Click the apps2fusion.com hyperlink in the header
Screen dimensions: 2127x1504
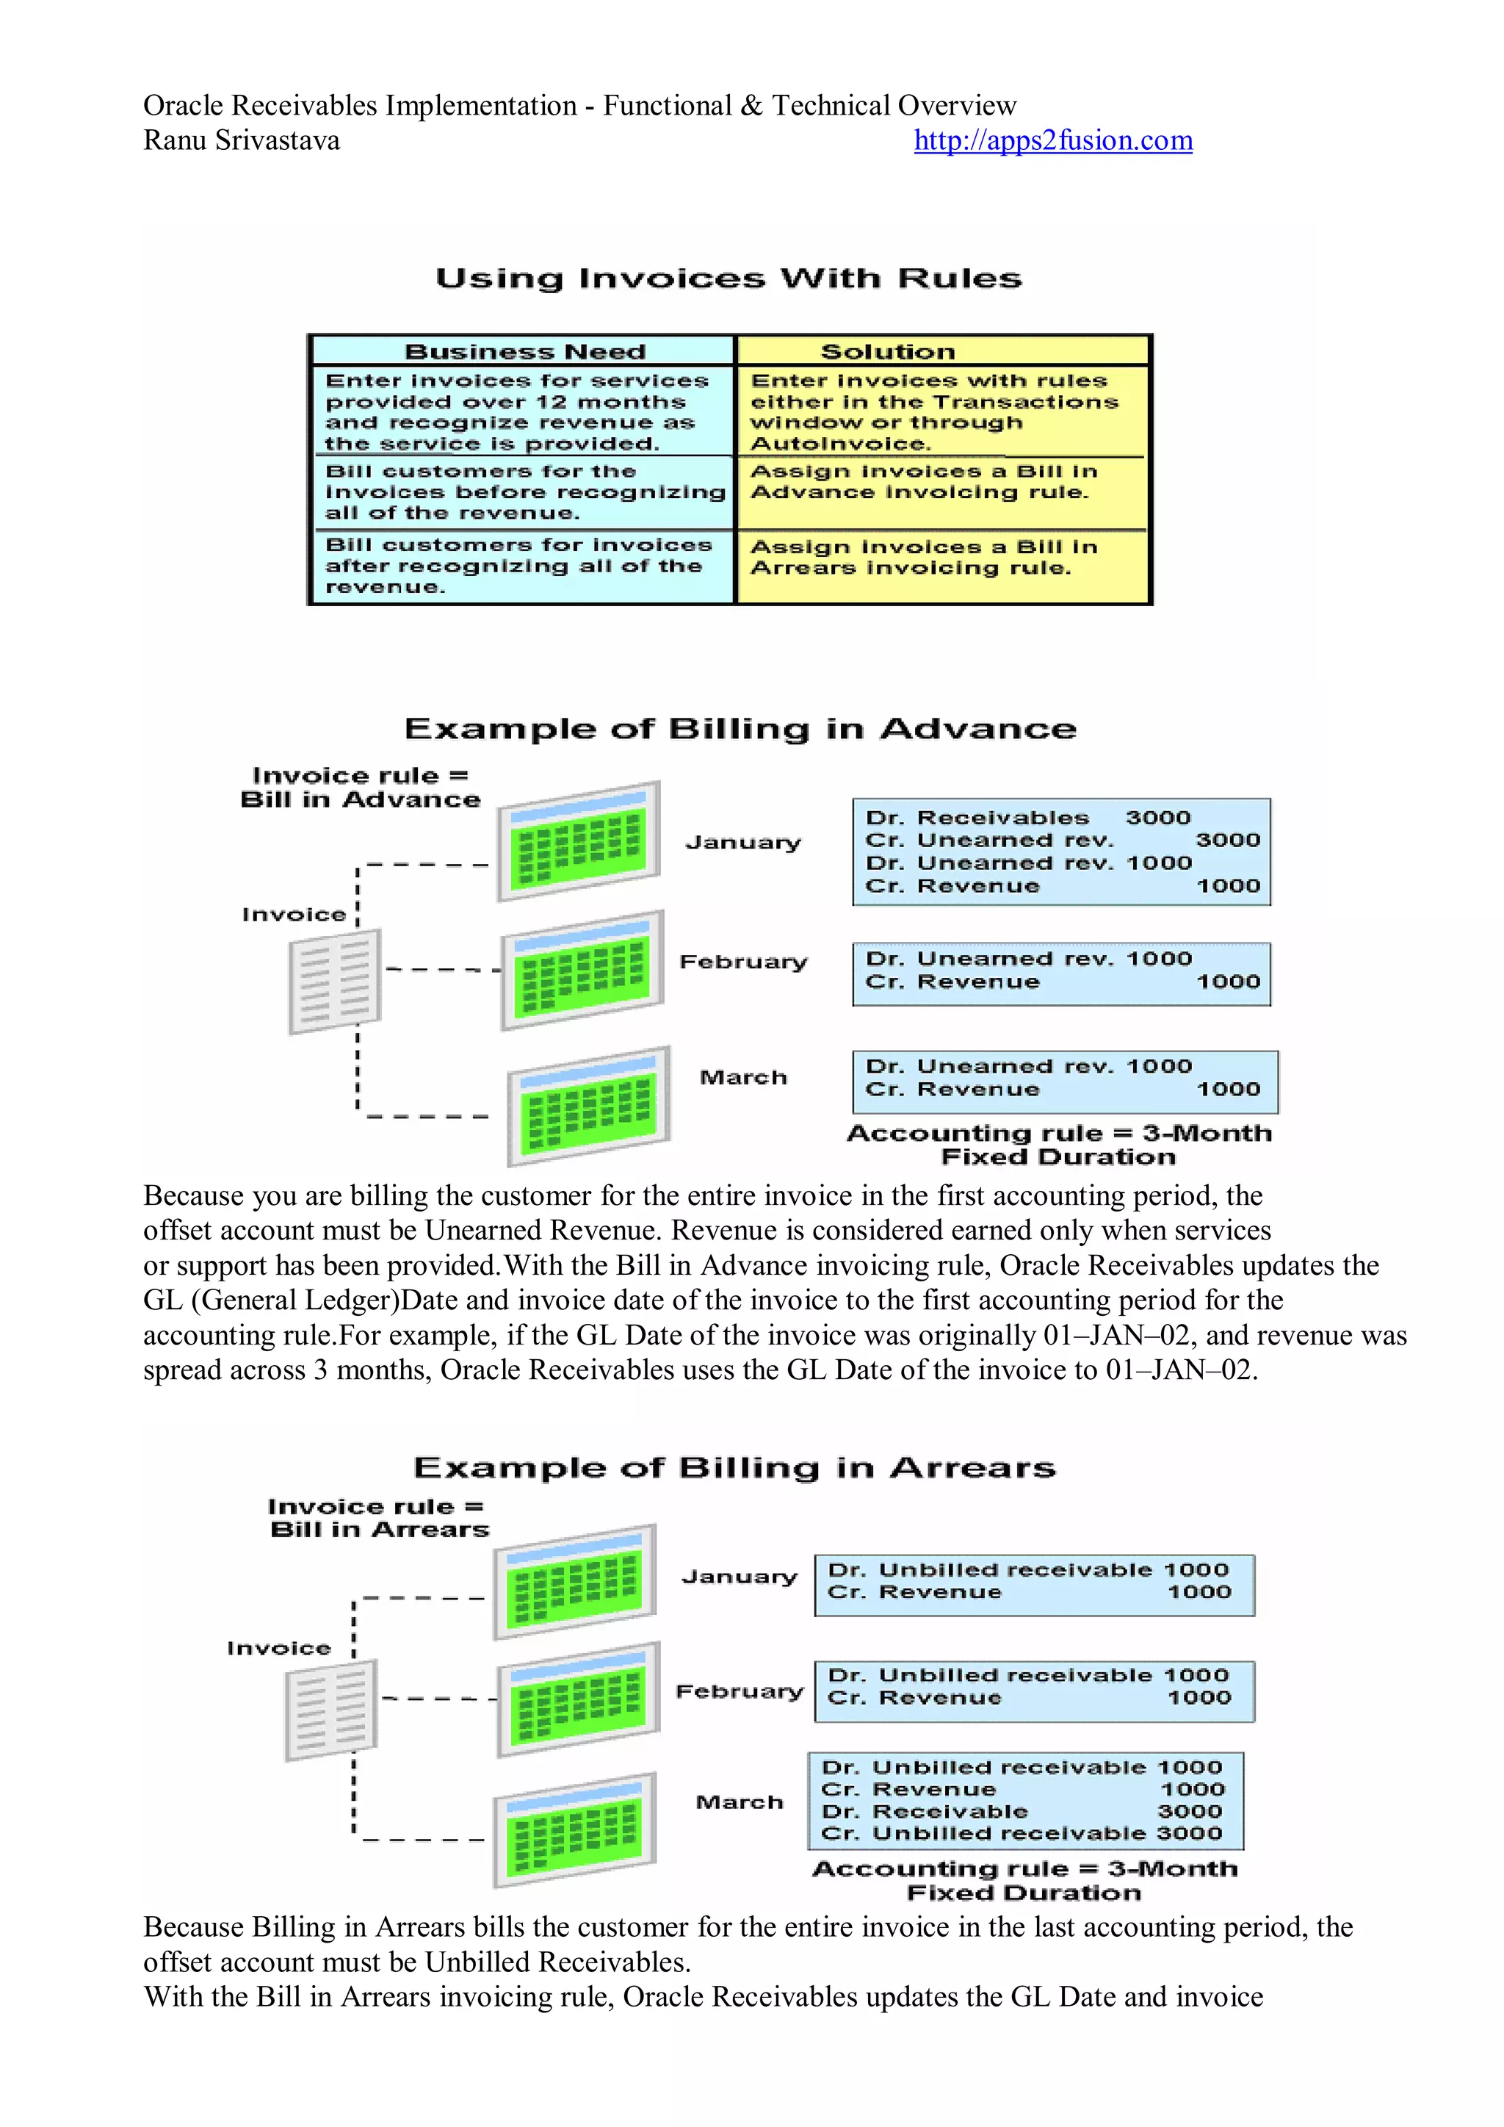click(1052, 141)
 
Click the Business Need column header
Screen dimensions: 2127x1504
click(524, 352)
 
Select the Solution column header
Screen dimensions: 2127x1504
click(887, 352)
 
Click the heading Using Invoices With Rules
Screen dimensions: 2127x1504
click(728, 279)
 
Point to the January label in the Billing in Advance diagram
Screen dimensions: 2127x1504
click(742, 842)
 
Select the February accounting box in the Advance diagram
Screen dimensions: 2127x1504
click(1061, 973)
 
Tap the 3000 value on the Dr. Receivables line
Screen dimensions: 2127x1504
click(1157, 818)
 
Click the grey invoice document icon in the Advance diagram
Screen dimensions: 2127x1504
click(334, 982)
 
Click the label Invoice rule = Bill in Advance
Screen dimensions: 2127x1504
click(361, 788)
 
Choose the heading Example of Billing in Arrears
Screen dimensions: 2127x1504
click(734, 1469)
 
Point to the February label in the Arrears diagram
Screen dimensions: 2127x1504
click(739, 1691)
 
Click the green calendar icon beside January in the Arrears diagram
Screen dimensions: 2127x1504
click(575, 1583)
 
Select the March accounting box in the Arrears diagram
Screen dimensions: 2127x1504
click(1025, 1800)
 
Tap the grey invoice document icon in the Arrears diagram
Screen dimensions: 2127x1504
click(330, 1710)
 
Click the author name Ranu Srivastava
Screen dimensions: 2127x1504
click(241, 141)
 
